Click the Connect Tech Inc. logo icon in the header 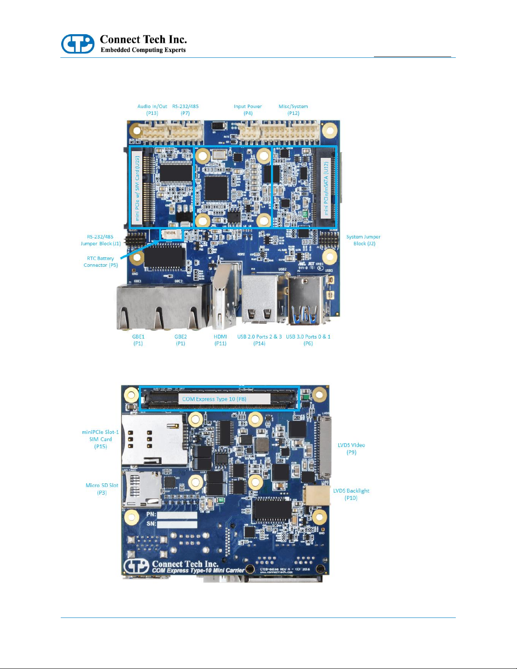78,44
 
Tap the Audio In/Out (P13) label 152,110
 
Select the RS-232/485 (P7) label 185,110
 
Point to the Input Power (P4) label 248,110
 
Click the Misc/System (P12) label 293,110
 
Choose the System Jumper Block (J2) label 363,240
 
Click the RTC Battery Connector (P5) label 100,262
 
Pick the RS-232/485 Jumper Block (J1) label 101,240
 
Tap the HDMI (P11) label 220,340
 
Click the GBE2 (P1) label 181,340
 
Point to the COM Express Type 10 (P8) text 214,399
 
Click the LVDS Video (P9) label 351,448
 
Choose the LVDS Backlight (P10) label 351,494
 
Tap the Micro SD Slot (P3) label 102,489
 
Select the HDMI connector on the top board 225,295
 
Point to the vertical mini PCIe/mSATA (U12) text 326,188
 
